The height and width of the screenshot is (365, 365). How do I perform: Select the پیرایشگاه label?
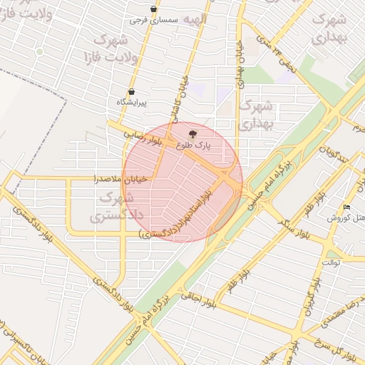(131, 102)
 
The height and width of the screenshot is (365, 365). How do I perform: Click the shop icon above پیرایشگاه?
(131, 91)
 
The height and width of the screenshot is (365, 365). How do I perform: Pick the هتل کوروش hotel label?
(346, 217)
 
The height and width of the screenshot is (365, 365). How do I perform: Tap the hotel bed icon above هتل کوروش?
(346, 207)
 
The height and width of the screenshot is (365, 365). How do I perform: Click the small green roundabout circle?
(40, 51)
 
